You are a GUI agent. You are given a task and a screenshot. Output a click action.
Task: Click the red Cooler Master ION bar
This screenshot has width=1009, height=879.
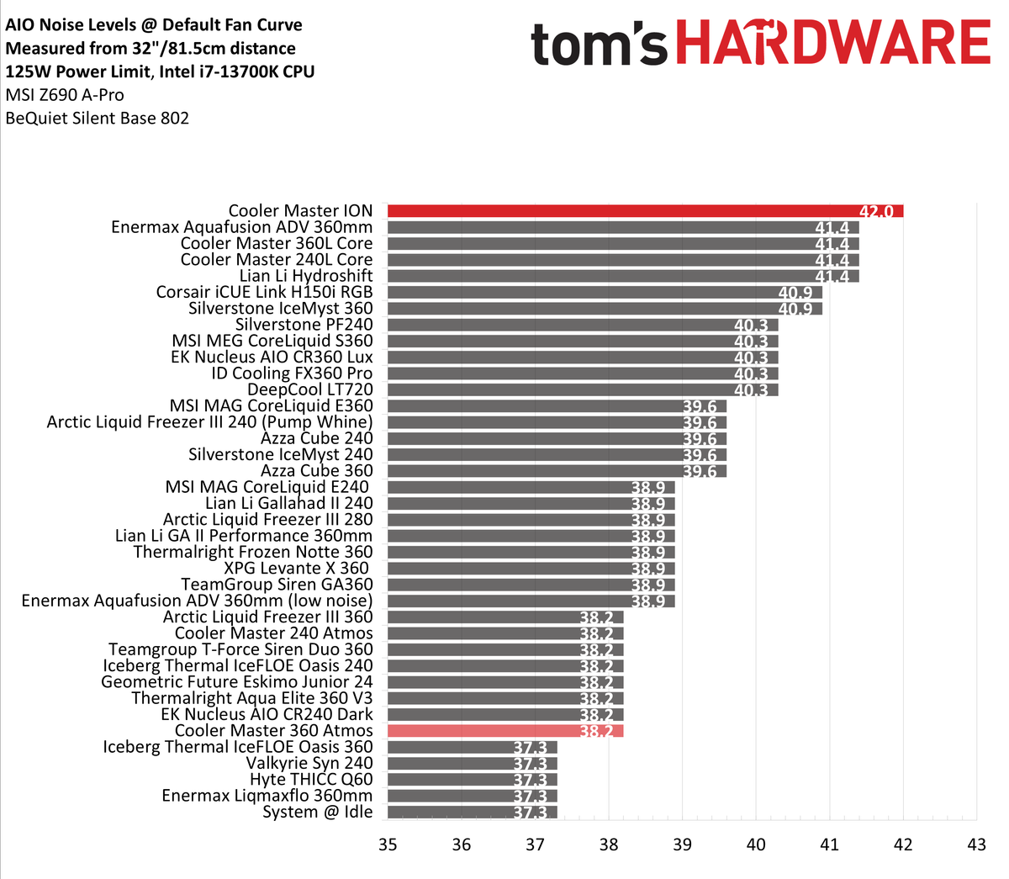pyautogui.click(x=645, y=211)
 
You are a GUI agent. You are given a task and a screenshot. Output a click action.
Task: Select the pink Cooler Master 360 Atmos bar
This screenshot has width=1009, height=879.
pyautogui.click(x=504, y=731)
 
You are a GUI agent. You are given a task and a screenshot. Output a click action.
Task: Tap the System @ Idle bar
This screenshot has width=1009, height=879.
pyautogui.click(x=472, y=813)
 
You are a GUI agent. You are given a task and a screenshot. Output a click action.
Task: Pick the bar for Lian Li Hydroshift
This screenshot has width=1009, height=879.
pyautogui.click(x=622, y=276)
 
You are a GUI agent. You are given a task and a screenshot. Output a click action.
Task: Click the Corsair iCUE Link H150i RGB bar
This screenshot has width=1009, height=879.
pyautogui.click(x=605, y=292)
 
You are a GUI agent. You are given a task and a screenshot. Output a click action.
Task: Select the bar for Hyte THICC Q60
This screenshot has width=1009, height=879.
pyautogui.click(x=472, y=780)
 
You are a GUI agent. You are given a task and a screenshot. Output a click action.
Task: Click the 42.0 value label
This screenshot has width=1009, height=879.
pyautogui.click(x=876, y=211)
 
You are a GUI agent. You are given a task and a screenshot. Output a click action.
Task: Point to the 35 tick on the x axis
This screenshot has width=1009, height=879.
pyautogui.click(x=388, y=844)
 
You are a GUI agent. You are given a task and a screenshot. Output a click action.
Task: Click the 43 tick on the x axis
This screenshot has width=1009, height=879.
pyautogui.click(x=976, y=844)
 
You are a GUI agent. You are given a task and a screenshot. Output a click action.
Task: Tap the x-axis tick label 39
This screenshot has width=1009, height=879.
pyautogui.click(x=682, y=844)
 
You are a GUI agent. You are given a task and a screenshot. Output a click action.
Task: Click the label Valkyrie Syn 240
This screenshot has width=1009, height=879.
pyautogui.click(x=309, y=763)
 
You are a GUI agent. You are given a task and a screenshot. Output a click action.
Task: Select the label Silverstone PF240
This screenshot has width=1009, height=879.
pyautogui.click(x=304, y=325)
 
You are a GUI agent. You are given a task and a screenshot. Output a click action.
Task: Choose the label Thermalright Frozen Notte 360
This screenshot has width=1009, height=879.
pyautogui.click(x=253, y=552)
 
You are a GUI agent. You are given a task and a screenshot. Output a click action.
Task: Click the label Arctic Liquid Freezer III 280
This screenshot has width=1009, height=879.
pyautogui.click(x=267, y=519)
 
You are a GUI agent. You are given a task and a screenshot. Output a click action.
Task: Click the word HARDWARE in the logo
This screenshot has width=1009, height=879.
pyautogui.click(x=833, y=44)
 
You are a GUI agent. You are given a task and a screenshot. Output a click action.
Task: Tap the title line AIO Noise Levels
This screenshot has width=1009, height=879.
pyautogui.click(x=154, y=25)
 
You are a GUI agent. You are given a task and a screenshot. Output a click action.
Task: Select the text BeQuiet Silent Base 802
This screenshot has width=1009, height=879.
pyautogui.click(x=98, y=118)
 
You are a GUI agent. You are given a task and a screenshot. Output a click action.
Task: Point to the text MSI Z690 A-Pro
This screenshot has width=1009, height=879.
pyautogui.click(x=65, y=95)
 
